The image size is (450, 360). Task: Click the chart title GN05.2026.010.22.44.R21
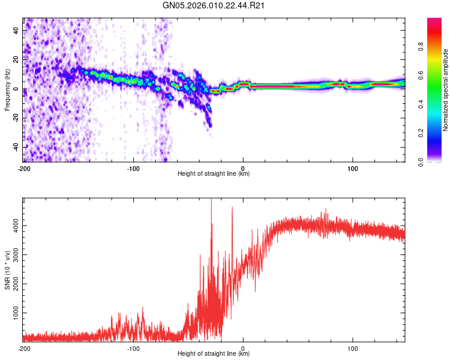[x=214, y=7]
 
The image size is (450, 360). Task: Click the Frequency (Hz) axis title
[x=7, y=90]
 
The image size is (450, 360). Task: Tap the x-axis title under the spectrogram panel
[x=214, y=173]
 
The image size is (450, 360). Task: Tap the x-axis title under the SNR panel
[x=214, y=353]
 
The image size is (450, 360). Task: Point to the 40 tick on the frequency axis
[x=16, y=31]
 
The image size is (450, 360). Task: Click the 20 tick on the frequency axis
[x=16, y=60]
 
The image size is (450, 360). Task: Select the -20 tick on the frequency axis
[x=15, y=118]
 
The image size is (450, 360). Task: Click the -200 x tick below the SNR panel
[x=24, y=348]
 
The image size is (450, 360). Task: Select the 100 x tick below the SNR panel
[x=353, y=348]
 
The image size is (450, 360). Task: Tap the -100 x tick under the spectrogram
[x=133, y=168]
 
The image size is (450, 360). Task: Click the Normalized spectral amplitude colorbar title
[x=446, y=90]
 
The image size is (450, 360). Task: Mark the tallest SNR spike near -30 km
[x=211, y=201]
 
